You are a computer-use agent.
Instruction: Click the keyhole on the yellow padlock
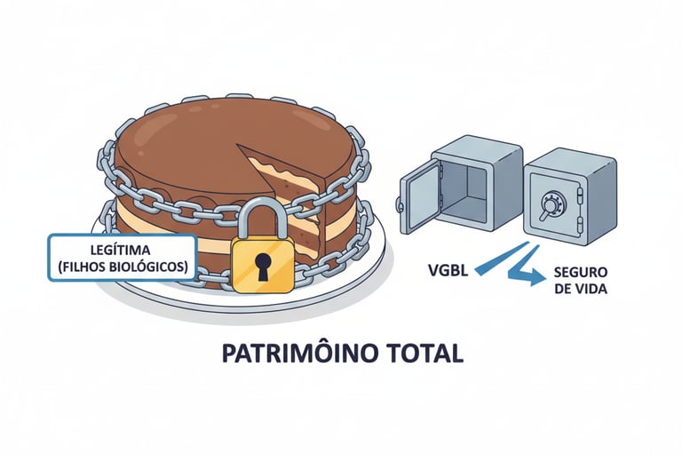(262, 265)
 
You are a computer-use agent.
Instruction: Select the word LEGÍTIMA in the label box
(121, 250)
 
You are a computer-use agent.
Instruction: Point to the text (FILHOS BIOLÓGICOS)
(121, 266)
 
